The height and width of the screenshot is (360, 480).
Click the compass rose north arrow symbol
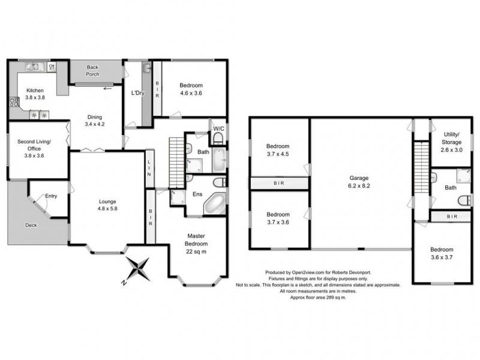pos(138,269)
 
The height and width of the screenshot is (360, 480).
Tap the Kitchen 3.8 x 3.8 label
pos(35,94)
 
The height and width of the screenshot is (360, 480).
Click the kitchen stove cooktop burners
pos(14,101)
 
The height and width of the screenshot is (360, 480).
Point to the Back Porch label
pos(92,71)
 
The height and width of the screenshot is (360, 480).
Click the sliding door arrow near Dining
pos(107,89)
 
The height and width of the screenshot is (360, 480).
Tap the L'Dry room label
pos(137,93)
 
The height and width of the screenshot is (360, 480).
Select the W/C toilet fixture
pos(218,138)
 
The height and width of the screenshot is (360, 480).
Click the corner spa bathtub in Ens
pos(215,203)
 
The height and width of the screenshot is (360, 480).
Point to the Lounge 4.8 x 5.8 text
pos(107,205)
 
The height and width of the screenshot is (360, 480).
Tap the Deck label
pos(31,225)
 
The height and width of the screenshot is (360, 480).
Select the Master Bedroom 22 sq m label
pos(196,244)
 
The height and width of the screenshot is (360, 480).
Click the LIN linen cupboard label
pos(149,168)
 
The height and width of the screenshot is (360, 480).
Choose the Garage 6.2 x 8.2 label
pos(359,182)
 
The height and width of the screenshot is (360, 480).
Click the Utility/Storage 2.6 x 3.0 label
pos(452,142)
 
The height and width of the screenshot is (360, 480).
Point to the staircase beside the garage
pos(422,167)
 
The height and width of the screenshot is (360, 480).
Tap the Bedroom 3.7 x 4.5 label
pos(278,150)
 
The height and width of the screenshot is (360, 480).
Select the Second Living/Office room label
pos(34,148)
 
